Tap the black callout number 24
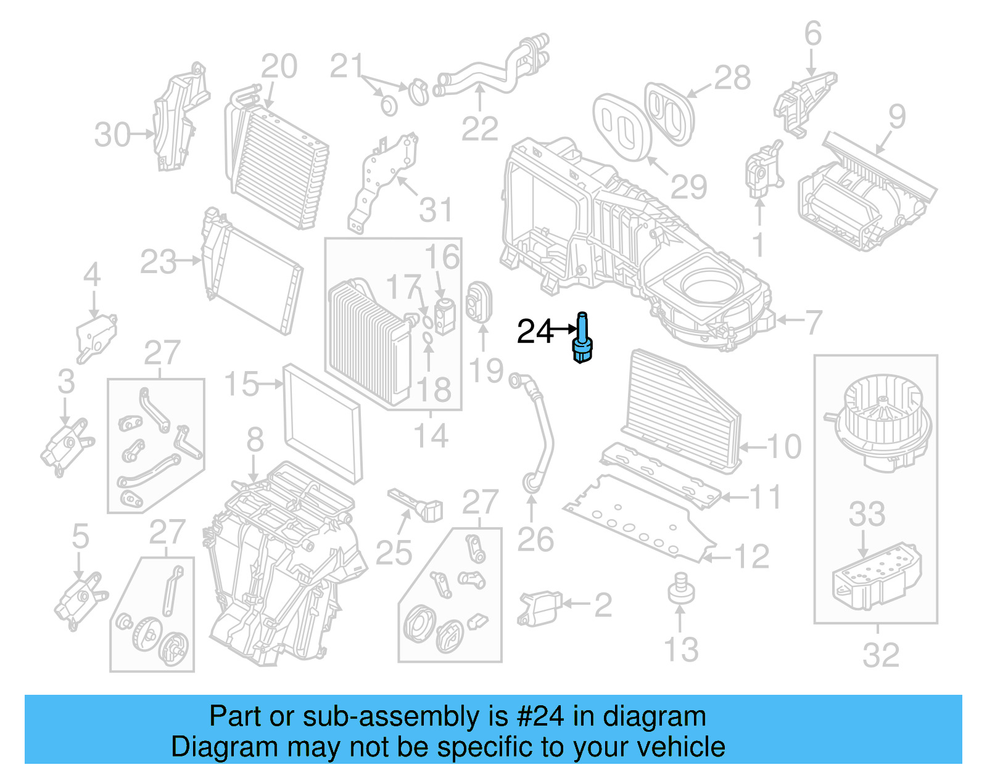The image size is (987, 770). click(535, 332)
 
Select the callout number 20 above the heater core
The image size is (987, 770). click(279, 67)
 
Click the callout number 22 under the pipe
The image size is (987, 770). click(479, 129)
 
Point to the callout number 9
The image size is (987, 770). click(896, 117)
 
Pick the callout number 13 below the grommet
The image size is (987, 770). click(681, 650)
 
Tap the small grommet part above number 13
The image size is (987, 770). click(681, 589)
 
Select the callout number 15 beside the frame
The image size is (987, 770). click(241, 384)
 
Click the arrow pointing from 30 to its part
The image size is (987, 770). click(142, 134)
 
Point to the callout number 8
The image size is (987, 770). click(255, 440)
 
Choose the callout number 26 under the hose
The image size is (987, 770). click(535, 540)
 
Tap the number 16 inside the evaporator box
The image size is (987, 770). click(442, 257)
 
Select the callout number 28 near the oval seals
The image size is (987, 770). click(732, 78)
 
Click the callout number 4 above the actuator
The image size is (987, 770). click(92, 274)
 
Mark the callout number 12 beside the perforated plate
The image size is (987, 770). click(751, 557)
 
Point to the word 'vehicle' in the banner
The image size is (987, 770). click(680, 747)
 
